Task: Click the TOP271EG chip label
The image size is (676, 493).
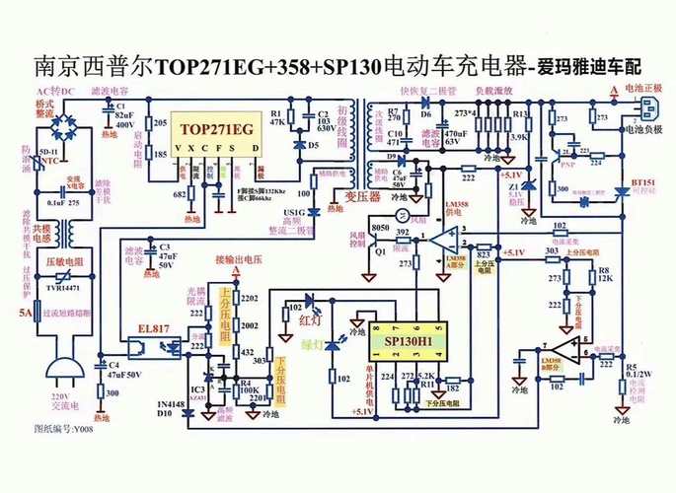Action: (x=214, y=129)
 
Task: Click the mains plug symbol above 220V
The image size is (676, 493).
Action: (x=66, y=370)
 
